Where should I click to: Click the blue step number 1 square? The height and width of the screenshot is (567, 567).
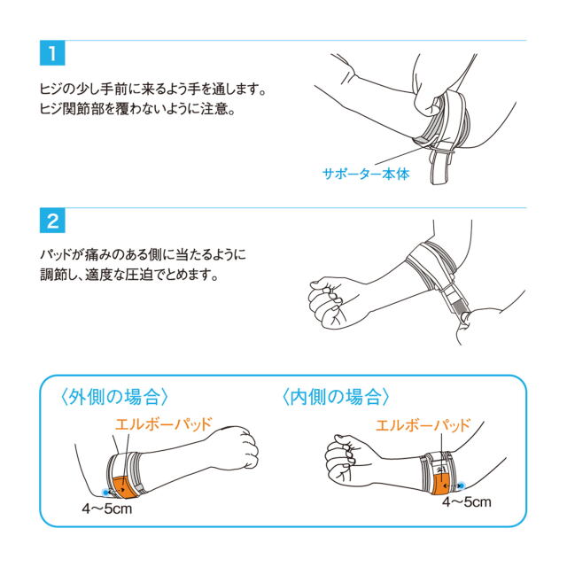click(52, 53)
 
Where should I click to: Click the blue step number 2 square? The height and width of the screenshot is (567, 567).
click(52, 221)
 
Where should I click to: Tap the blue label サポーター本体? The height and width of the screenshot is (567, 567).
click(366, 174)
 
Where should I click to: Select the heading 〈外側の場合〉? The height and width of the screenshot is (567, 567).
click(113, 397)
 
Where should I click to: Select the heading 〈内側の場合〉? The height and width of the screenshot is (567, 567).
click(336, 397)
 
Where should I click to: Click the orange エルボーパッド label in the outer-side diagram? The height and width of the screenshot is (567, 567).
click(163, 424)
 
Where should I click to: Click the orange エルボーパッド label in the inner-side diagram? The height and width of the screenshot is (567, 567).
click(423, 425)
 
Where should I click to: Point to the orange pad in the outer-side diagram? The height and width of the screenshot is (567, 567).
click(124, 487)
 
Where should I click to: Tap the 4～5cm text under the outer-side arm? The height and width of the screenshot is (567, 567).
click(107, 509)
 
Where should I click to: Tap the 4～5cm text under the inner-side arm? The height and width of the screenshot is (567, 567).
click(467, 502)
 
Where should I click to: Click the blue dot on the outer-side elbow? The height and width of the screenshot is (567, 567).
click(105, 493)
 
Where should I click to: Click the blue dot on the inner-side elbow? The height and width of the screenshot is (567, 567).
click(462, 485)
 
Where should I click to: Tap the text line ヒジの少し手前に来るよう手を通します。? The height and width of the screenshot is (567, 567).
click(153, 89)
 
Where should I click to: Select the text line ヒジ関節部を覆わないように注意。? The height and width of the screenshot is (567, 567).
click(138, 108)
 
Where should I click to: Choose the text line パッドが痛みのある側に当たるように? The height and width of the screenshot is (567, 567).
click(143, 254)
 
